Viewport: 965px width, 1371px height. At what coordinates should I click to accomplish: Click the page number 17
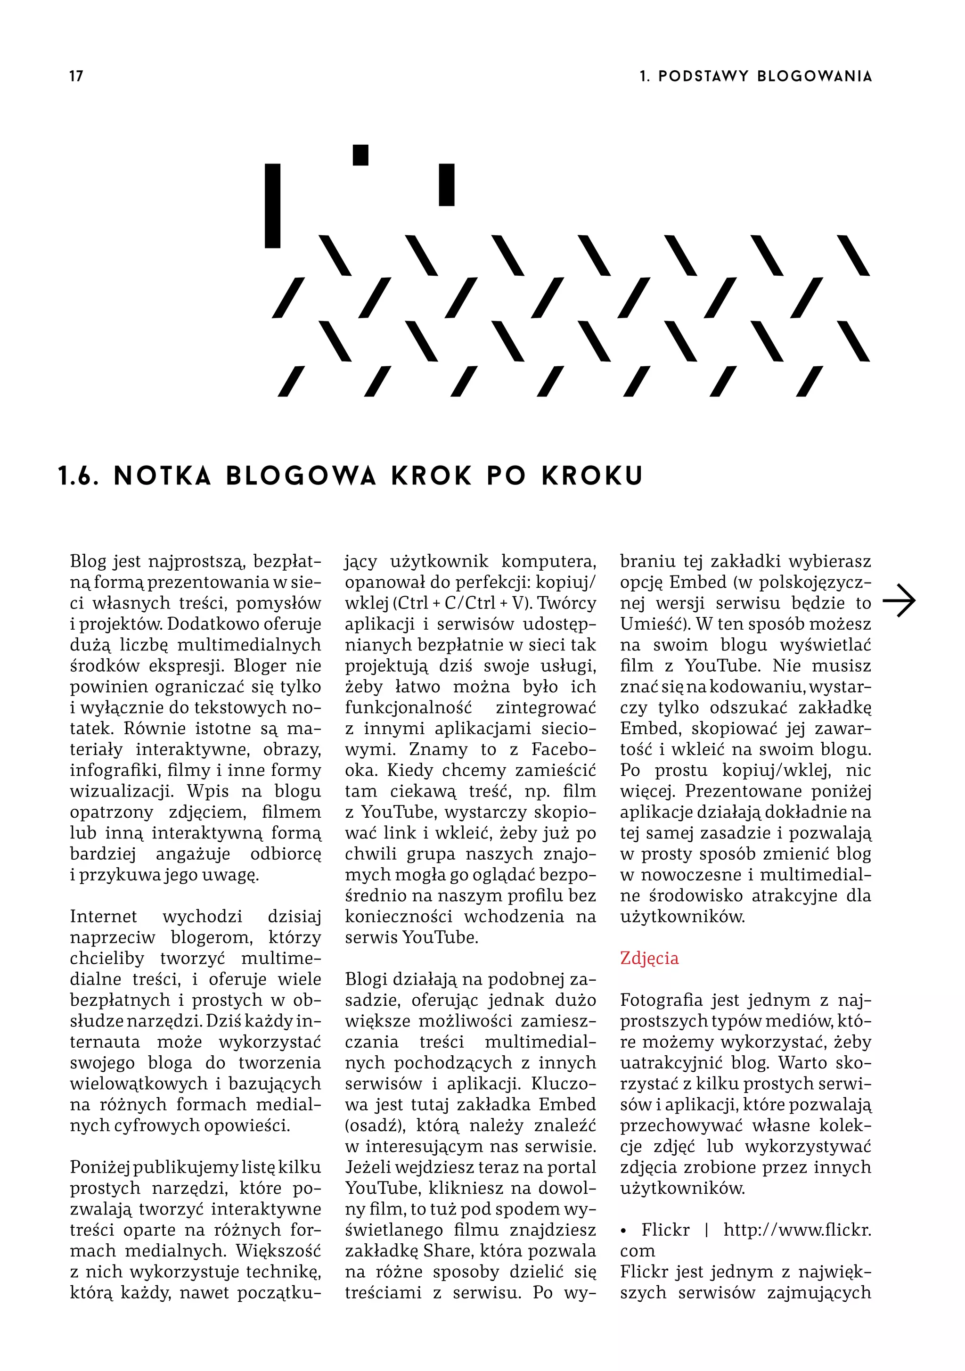click(76, 76)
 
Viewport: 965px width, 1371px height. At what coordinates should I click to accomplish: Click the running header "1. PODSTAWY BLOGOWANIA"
click(755, 76)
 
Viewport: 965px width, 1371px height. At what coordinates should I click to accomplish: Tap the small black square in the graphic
click(360, 155)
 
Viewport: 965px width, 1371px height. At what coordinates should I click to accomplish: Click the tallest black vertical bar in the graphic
click(272, 205)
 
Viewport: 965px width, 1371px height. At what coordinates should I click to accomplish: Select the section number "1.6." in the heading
click(78, 476)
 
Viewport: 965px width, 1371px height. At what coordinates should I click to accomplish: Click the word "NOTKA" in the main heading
click(163, 476)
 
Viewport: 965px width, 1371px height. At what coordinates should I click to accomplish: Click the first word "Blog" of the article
click(87, 561)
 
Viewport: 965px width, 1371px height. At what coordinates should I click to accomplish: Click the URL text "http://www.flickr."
click(797, 1230)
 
